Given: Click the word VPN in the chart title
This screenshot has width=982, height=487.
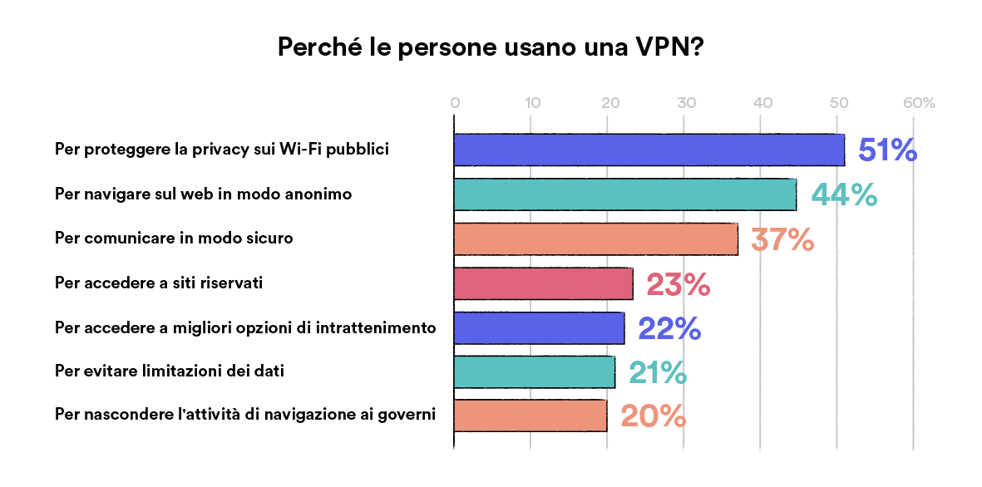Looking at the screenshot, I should click(664, 47).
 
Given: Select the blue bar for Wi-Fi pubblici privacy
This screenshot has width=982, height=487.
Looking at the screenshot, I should click(649, 150).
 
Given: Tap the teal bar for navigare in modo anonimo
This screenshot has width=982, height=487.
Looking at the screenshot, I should click(624, 194).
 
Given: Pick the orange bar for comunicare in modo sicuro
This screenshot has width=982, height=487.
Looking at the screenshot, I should click(595, 239).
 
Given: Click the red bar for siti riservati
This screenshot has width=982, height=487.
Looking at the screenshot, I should click(543, 284).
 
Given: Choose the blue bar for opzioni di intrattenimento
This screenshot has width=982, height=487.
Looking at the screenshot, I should click(539, 328).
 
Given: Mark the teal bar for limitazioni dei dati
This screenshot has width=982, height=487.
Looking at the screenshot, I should click(535, 372).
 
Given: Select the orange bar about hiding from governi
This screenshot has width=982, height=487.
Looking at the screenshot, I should click(530, 416).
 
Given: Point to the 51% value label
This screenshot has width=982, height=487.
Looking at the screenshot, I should click(887, 150).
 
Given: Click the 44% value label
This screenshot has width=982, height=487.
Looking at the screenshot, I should click(844, 195).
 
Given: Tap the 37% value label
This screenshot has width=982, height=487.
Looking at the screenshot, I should click(782, 240).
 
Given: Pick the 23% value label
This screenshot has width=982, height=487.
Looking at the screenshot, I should click(678, 285).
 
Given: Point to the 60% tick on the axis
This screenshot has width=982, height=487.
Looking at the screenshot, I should click(918, 104).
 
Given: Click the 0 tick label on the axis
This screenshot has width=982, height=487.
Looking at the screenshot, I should click(455, 104).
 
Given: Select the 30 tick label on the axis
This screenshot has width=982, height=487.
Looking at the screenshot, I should click(686, 104).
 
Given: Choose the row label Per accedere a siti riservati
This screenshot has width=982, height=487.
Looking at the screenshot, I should click(159, 283).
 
